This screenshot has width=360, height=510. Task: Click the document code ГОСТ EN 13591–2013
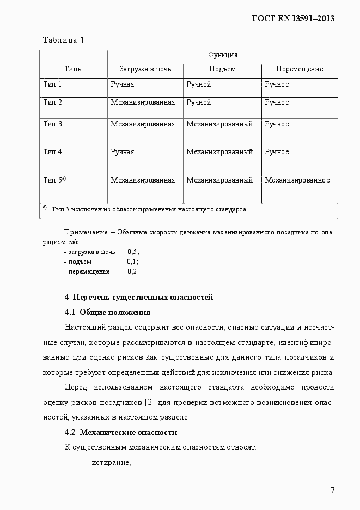292,18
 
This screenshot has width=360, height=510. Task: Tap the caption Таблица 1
63,39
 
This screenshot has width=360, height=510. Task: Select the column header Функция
222,55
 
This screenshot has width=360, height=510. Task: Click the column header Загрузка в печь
145,69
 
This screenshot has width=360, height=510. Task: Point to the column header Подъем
222,69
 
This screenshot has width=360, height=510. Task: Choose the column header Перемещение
299,69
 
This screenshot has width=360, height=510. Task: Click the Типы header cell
74,69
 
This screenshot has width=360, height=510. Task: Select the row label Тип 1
53,84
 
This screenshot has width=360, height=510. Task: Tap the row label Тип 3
53,124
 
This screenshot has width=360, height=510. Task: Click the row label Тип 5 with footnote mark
54,180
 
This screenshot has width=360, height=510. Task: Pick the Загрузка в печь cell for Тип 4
122,152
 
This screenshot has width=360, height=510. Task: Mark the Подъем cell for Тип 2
198,102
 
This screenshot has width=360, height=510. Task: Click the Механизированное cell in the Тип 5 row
297,180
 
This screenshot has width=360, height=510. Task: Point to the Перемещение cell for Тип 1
277,84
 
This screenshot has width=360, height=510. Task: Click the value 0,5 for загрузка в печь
133,252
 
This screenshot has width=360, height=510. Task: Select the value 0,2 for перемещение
133,271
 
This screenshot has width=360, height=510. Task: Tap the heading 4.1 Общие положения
107,313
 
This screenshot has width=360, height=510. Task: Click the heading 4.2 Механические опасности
120,433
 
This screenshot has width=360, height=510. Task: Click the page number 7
332,490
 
